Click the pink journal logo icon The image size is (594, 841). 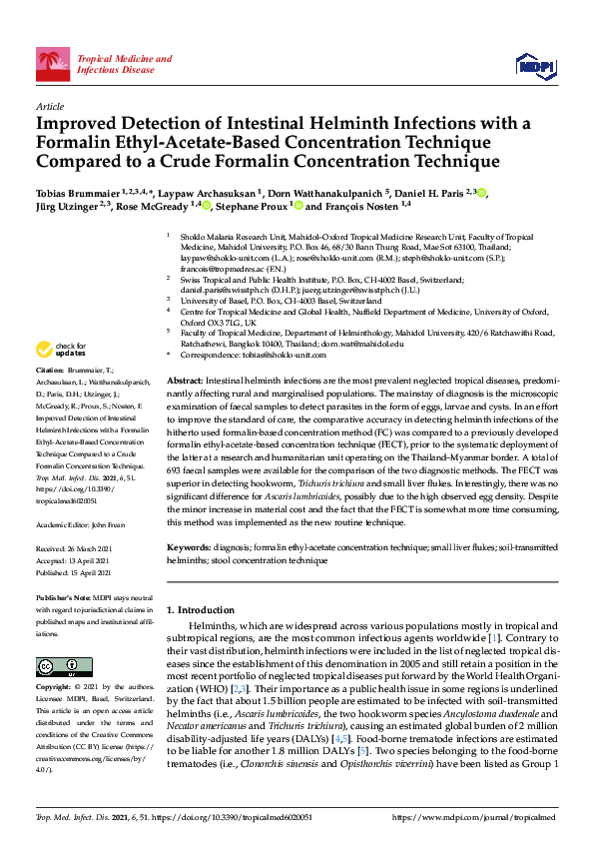click(53, 65)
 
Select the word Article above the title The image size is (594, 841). click(49, 106)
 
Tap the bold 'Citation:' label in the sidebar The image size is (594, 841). click(51, 397)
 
